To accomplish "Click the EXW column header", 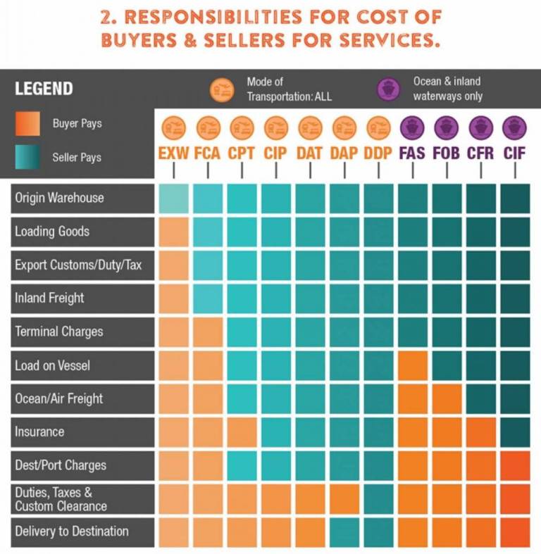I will click(x=173, y=152).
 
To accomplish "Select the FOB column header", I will click(x=447, y=152).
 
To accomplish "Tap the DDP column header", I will click(x=379, y=152).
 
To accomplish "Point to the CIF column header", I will click(x=515, y=152).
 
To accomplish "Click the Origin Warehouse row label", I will click(x=59, y=198).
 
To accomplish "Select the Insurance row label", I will click(x=39, y=432).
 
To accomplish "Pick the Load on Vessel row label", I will click(x=52, y=365).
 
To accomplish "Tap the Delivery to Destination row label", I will click(x=72, y=531).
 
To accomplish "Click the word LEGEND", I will click(x=44, y=89).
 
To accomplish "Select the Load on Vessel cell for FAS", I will click(x=413, y=365).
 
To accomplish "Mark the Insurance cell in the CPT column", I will click(x=242, y=432).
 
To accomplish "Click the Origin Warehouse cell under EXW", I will click(x=173, y=198).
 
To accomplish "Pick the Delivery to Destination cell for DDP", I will click(x=379, y=531).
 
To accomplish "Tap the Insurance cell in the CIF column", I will click(x=515, y=432).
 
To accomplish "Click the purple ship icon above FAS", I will click(x=413, y=127).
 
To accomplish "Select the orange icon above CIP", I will click(x=276, y=127).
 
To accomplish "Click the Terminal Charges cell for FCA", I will click(x=207, y=332).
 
